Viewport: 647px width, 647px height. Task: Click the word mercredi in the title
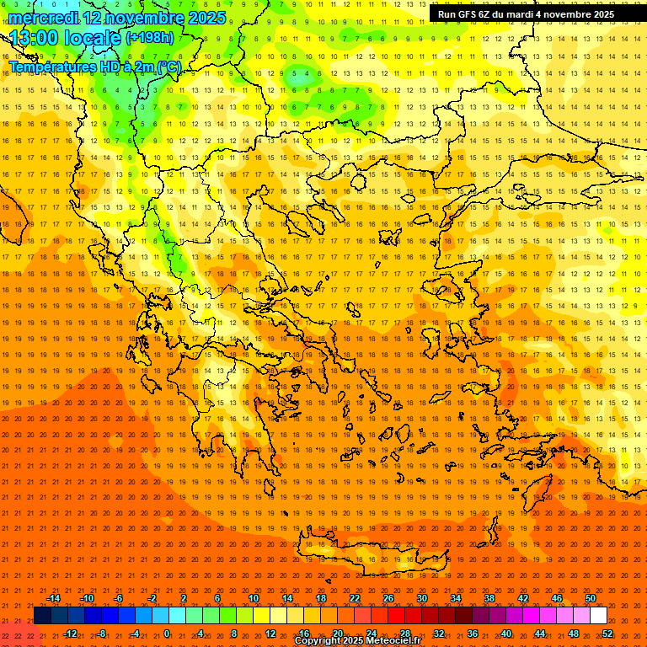[42, 18]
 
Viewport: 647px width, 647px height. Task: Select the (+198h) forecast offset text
[150, 38]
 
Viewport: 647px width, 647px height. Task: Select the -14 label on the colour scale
[53, 598]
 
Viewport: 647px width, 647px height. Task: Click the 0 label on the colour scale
[167, 634]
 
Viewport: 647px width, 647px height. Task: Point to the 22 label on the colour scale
[355, 598]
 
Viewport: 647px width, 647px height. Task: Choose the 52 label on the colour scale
[607, 634]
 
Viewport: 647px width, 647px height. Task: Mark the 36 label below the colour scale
[473, 634]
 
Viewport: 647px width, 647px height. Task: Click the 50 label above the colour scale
[591, 598]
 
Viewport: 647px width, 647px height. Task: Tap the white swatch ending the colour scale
[599, 616]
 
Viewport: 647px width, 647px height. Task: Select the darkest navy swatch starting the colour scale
[43, 616]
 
